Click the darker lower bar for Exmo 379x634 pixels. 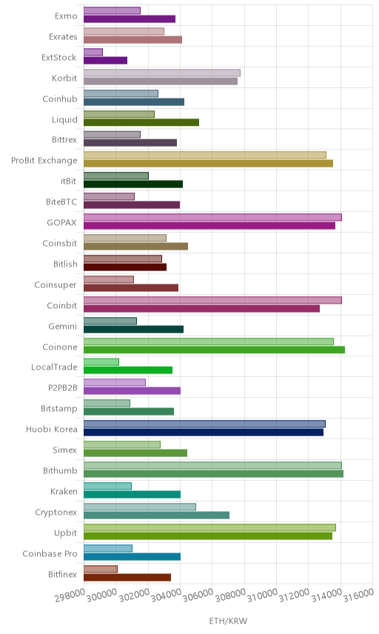pos(130,19)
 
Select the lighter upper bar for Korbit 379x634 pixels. pos(162,73)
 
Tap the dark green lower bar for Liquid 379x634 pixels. pos(141,122)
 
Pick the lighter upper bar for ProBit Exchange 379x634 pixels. pos(205,155)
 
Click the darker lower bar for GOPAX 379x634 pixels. pos(209,226)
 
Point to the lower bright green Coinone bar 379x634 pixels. pos(214,350)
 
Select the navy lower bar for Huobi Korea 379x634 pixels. pos(204,433)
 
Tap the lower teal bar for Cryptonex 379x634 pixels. pos(156,515)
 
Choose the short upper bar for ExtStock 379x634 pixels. pos(93,52)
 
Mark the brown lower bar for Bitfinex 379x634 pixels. pos(127,578)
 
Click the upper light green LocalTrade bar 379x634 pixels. pos(101,362)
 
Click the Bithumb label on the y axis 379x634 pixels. pos(60,470)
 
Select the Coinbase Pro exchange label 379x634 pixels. pos(50,553)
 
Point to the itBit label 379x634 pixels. pos(68,181)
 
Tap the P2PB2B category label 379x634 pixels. pos(63,388)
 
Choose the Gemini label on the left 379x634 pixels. pos(63,326)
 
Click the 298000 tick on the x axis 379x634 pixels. pos(70,595)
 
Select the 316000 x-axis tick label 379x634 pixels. pos(359,595)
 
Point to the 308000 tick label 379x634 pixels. pos(230,595)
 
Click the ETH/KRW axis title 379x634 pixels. pos(228,621)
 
